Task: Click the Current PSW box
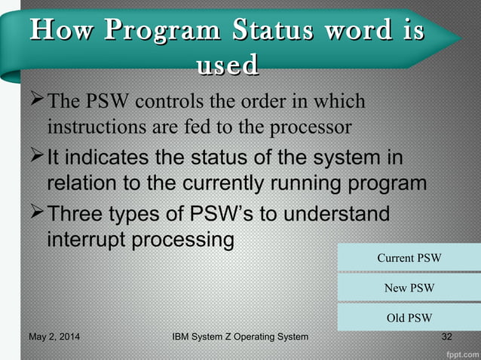coord(409,258)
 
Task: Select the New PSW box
coord(409,288)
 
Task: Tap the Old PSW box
coord(409,317)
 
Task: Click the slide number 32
coord(446,337)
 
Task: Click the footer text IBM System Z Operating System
coord(240,337)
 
